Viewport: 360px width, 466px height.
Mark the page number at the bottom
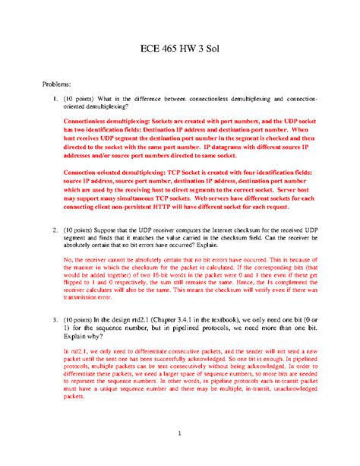click(180, 434)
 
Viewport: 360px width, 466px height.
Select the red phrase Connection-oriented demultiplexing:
click(109, 172)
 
